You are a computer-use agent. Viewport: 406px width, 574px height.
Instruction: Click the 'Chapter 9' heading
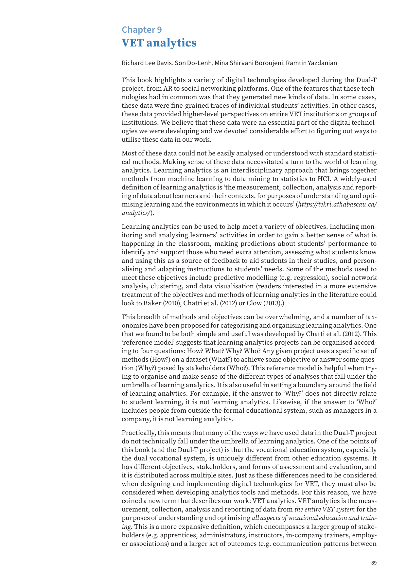click(142, 30)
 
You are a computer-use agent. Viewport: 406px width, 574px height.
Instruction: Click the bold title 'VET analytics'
click(159, 43)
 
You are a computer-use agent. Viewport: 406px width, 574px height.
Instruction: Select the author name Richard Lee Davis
click(147, 63)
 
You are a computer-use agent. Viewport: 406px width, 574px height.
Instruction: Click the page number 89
click(374, 554)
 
